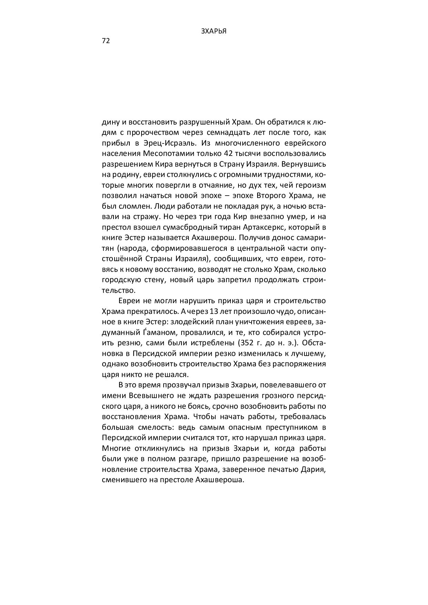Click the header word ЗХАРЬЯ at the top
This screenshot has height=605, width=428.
[214, 31]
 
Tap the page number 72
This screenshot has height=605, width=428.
[106, 41]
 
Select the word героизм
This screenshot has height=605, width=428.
[312, 185]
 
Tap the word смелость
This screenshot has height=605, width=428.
[151, 427]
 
